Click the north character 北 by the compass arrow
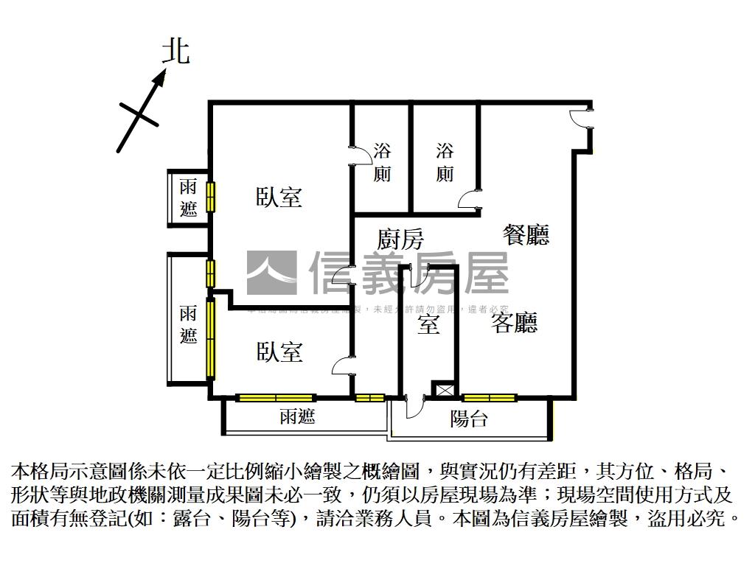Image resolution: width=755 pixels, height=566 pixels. click(176, 52)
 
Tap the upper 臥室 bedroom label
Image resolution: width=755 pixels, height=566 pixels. click(279, 198)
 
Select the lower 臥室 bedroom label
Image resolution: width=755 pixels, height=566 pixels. click(279, 352)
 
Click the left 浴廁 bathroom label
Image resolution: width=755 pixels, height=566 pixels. click(382, 163)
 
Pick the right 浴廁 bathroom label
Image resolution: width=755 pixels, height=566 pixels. click(445, 163)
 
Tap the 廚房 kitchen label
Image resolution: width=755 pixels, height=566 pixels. click(400, 240)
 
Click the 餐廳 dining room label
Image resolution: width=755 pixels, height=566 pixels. click(526, 235)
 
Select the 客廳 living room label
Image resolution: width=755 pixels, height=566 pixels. click(515, 323)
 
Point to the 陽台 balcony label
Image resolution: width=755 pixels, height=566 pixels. click(469, 420)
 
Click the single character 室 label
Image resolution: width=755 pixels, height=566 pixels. click(428, 324)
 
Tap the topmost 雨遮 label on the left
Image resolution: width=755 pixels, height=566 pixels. click(189, 198)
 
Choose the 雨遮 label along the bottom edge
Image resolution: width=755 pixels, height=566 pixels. click(298, 417)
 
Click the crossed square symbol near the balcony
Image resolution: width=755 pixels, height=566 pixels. click(445, 390)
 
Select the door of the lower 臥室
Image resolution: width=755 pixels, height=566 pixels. click(343, 367)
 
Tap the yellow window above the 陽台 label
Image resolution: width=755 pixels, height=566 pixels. click(489, 399)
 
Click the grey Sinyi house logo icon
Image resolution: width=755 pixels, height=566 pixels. click(271, 273)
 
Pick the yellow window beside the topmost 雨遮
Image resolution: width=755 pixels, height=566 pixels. click(210, 197)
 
